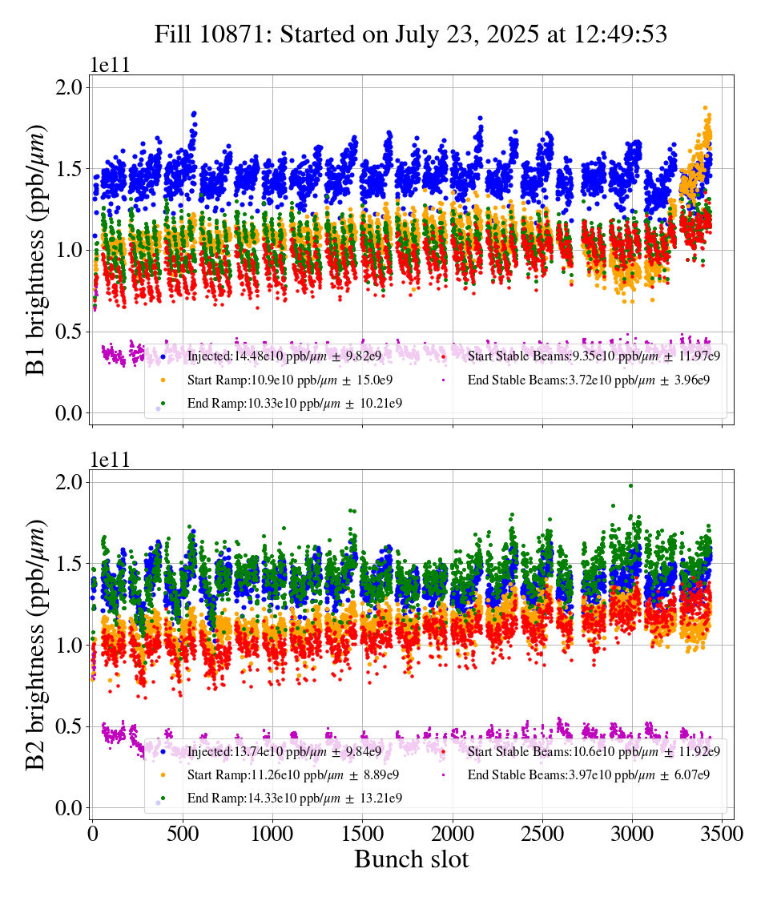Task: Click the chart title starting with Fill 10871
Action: tap(411, 34)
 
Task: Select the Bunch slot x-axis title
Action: tap(411, 859)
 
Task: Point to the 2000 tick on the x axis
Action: tap(453, 833)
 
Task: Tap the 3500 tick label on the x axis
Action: tap(723, 833)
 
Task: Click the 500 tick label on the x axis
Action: tap(183, 833)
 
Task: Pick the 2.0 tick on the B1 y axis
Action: tap(68, 87)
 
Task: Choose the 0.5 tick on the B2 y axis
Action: tap(68, 726)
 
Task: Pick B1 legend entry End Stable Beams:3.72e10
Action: tap(588, 380)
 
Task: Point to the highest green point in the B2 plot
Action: tap(631, 485)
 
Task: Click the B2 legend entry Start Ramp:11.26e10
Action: tap(292, 774)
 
